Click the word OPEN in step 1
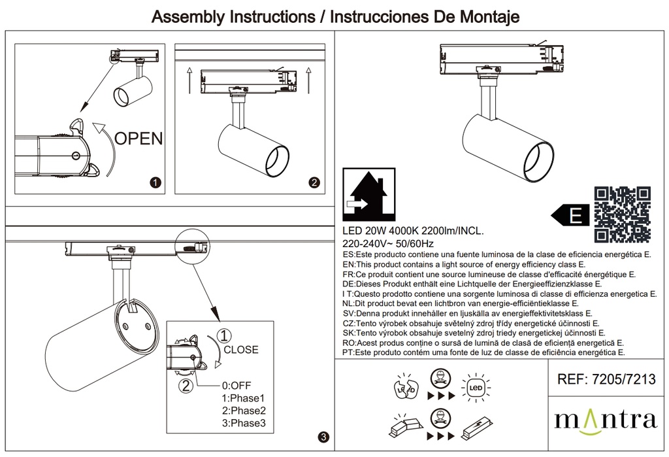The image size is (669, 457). [x=139, y=138]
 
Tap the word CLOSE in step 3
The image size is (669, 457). [x=241, y=350]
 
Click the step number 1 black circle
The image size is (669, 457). [x=155, y=184]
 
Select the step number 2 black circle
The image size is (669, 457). [x=314, y=184]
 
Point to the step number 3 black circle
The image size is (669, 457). [x=323, y=437]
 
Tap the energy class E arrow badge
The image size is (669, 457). [x=570, y=214]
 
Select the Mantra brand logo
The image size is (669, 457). [x=605, y=419]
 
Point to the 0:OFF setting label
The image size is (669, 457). [x=237, y=385]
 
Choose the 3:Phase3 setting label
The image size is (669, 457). [x=244, y=424]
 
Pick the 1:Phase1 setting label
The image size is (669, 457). [x=244, y=398]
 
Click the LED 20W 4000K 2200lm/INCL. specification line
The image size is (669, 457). [x=413, y=231]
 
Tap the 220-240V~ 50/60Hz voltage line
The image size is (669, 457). [x=387, y=243]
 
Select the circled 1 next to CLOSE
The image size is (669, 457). [x=223, y=336]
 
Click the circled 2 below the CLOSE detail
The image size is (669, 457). [x=186, y=386]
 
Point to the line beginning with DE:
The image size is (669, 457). [x=472, y=284]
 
